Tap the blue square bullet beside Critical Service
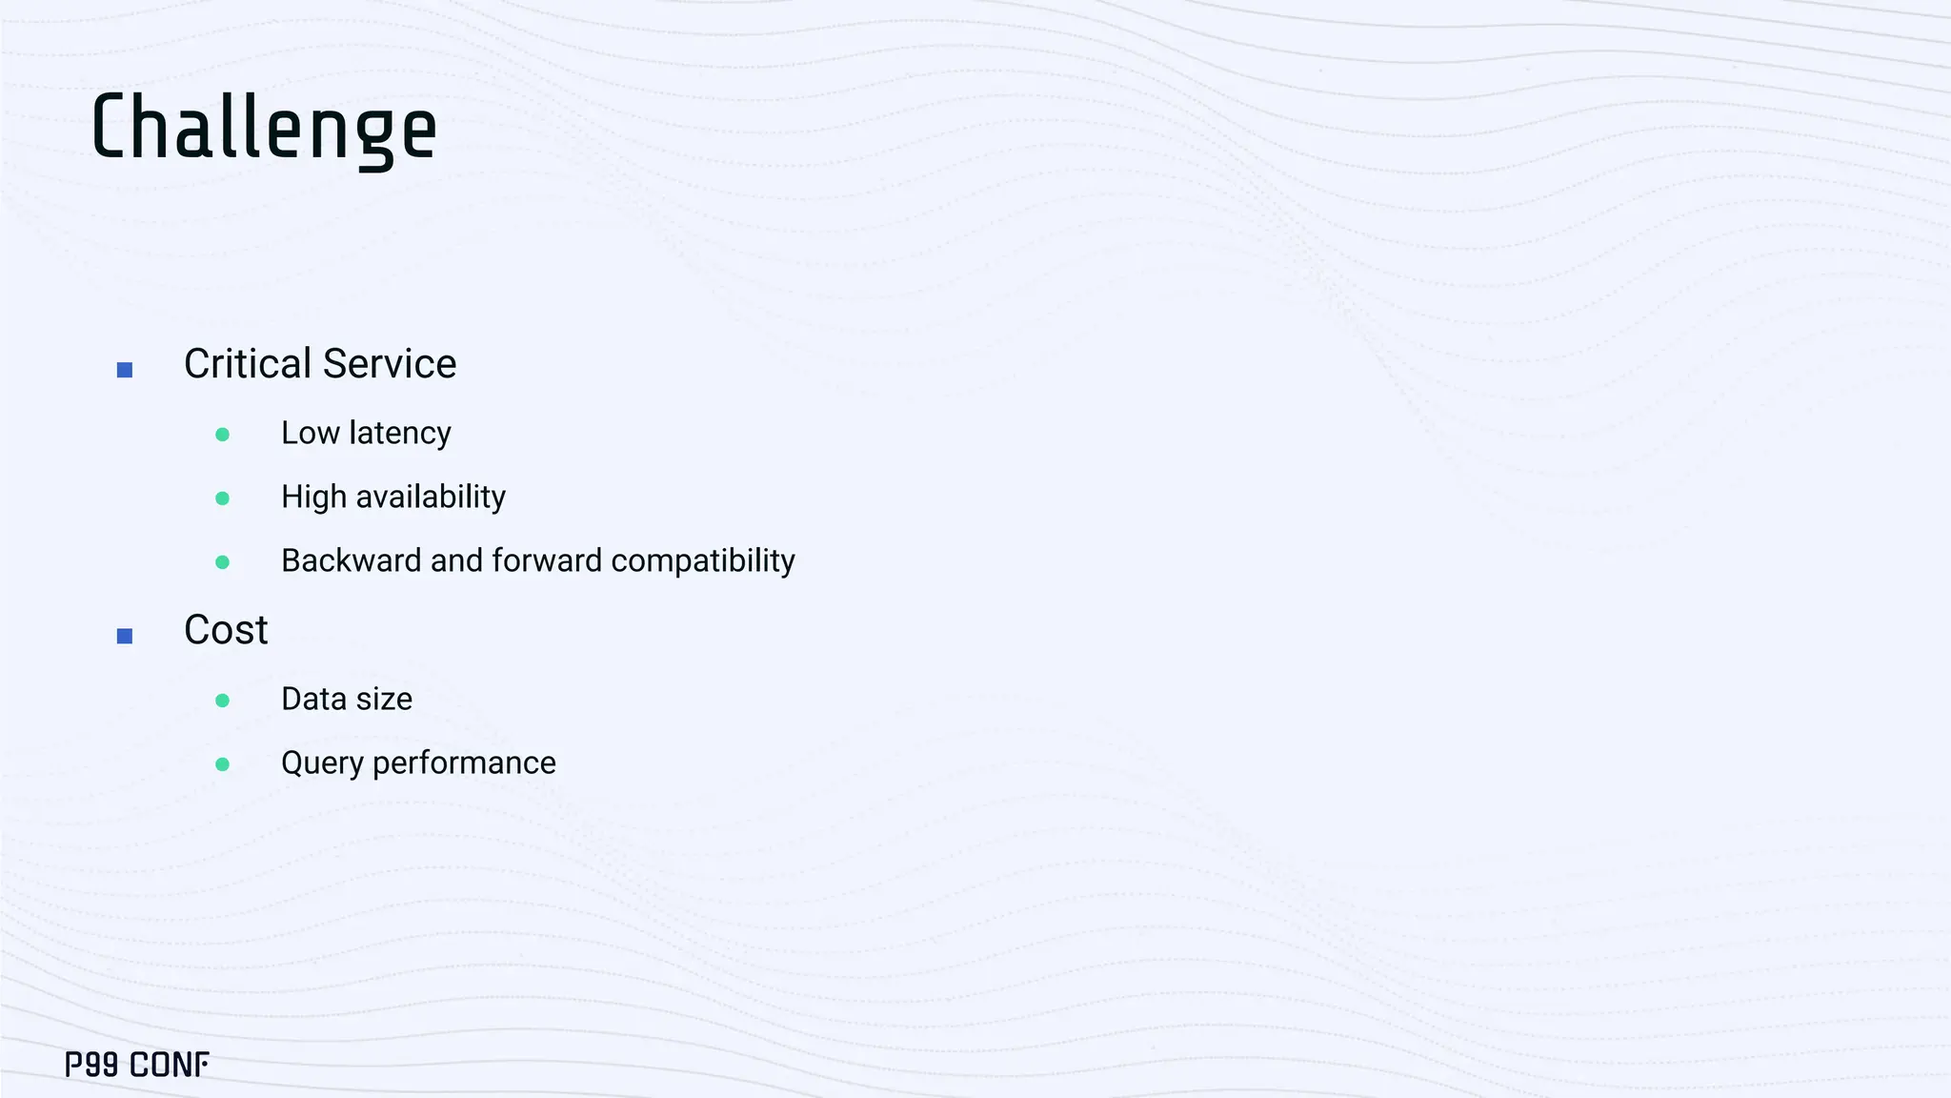click(125, 370)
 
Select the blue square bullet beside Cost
click(125, 636)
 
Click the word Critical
click(248, 364)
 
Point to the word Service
click(390, 364)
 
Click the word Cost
click(226, 630)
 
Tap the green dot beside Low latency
click(223, 435)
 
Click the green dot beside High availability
click(223, 498)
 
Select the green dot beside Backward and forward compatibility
click(223, 562)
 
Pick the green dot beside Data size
click(223, 701)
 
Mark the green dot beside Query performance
click(223, 764)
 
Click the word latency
click(400, 434)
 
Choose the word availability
click(431, 498)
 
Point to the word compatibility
click(703, 561)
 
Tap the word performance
click(464, 763)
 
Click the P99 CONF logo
click(137, 1065)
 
